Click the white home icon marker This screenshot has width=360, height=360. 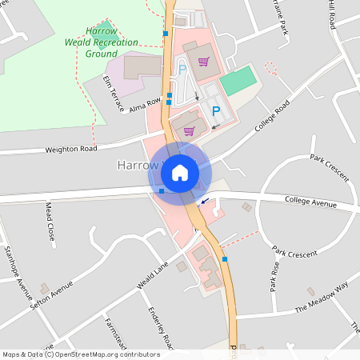click(x=180, y=172)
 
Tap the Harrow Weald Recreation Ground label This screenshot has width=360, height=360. click(x=102, y=42)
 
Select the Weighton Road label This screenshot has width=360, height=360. click(x=71, y=149)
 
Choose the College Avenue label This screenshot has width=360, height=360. click(x=310, y=203)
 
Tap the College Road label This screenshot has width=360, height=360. click(x=272, y=118)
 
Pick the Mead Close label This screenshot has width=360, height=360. click(x=50, y=222)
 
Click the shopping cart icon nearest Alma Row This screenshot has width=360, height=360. click(x=190, y=130)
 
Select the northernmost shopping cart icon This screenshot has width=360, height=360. click(x=204, y=61)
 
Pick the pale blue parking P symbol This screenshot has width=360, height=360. click(x=182, y=70)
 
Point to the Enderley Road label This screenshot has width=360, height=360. click(x=160, y=328)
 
